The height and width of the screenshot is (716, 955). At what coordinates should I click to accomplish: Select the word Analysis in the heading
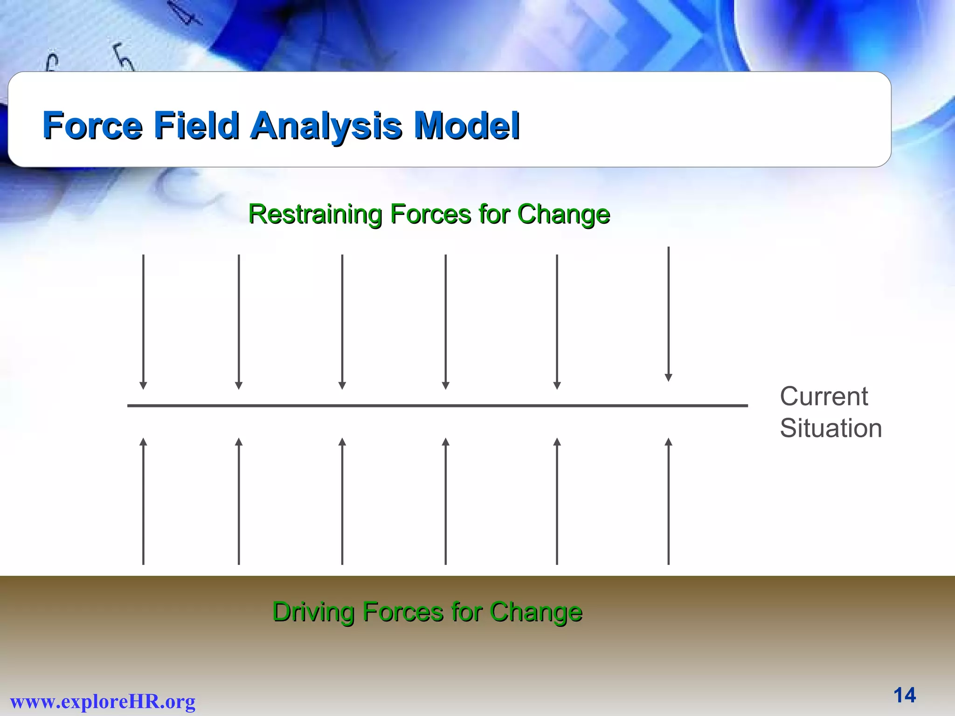pyautogui.click(x=326, y=126)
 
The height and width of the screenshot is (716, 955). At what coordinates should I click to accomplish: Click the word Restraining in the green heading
pyautogui.click(x=315, y=214)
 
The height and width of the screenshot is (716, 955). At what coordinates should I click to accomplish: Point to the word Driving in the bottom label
pyautogui.click(x=313, y=612)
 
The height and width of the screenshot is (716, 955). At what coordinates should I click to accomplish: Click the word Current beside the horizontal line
pyautogui.click(x=824, y=397)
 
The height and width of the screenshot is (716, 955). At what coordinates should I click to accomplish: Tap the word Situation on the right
pyautogui.click(x=830, y=428)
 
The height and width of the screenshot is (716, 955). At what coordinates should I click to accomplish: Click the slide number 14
pyautogui.click(x=904, y=695)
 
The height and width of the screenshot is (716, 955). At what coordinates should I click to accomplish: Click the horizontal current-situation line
pyautogui.click(x=437, y=406)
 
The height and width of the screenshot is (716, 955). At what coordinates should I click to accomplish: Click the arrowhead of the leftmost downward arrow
pyautogui.click(x=143, y=386)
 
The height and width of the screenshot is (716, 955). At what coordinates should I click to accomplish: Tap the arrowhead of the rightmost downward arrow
pyautogui.click(x=668, y=378)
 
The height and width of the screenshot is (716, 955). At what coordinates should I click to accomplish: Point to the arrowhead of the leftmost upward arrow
pyautogui.click(x=143, y=441)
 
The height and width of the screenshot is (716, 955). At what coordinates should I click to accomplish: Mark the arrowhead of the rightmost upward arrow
pyautogui.click(x=668, y=441)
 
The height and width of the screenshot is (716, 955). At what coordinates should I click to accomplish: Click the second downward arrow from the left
pyautogui.click(x=239, y=322)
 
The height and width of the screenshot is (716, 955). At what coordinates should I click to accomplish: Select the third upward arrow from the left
pyautogui.click(x=342, y=503)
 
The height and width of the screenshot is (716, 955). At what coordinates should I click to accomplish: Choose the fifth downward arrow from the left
pyautogui.click(x=557, y=322)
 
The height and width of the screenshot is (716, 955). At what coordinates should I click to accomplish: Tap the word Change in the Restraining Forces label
pyautogui.click(x=563, y=214)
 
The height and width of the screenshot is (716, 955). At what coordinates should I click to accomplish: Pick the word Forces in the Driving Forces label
pyautogui.click(x=403, y=612)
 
